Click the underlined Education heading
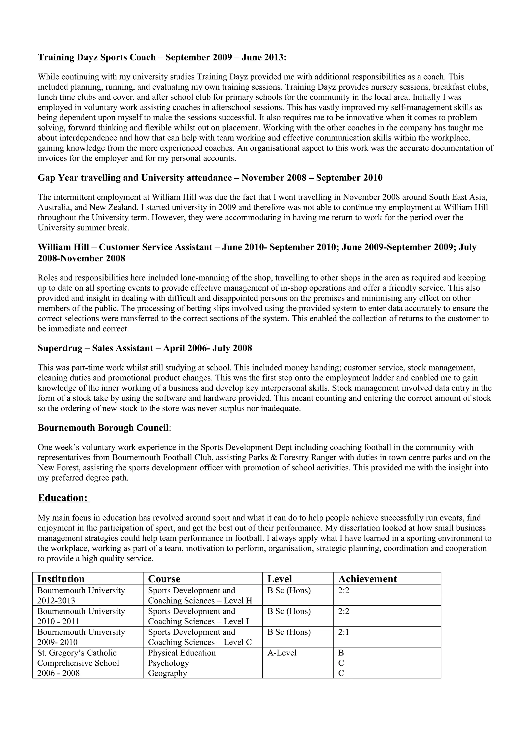tap(63, 498)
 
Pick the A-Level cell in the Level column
tap(282, 653)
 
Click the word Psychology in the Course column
tap(168, 663)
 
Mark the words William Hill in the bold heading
tap(63, 247)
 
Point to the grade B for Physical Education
tap(341, 653)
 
